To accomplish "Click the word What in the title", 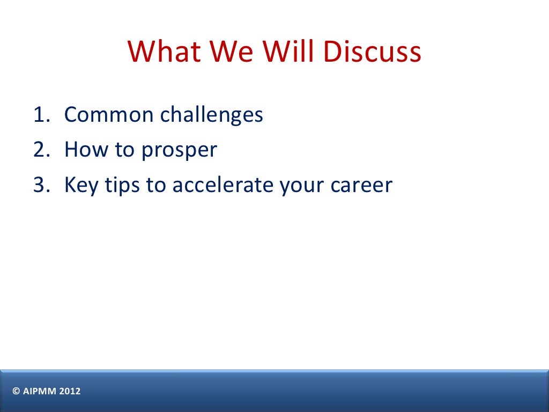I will [x=165, y=51].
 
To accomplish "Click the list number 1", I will [x=41, y=115].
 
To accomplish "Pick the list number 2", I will [x=41, y=150].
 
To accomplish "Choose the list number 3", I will [x=41, y=186].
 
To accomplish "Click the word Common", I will [x=108, y=115].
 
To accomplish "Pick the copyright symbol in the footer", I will [x=16, y=392].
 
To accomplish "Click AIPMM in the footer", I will [x=39, y=392].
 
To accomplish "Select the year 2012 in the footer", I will [x=70, y=392].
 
